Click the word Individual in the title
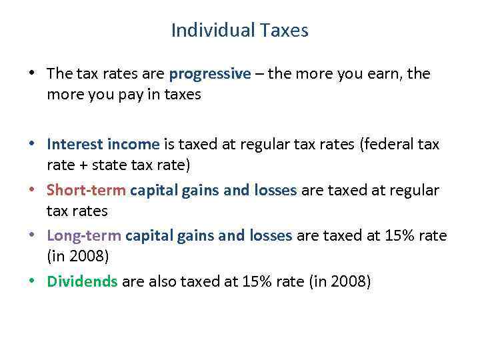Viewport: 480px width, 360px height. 203,31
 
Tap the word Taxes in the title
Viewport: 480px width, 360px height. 284,31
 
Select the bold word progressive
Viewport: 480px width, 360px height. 210,74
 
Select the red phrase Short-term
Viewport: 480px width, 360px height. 86,191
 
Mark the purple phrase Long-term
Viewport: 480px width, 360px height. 83,235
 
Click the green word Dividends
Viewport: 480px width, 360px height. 82,281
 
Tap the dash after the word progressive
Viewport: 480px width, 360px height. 259,74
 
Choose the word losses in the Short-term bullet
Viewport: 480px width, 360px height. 275,191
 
